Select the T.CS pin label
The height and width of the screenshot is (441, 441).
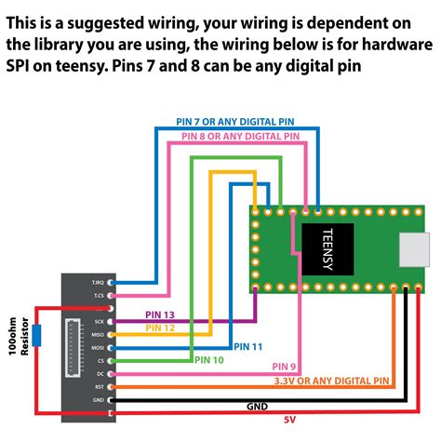(99, 295)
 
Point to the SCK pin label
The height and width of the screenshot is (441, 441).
(100, 321)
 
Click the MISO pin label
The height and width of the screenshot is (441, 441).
(99, 333)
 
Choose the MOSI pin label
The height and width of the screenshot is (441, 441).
(99, 346)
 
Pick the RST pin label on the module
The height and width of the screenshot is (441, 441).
(100, 385)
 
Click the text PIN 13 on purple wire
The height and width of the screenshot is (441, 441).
(160, 315)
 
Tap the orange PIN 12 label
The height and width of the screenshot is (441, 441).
(160, 327)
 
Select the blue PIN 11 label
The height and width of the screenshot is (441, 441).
(248, 346)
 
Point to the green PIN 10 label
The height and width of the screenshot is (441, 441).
(208, 359)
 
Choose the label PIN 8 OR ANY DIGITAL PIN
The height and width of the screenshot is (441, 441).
(241, 136)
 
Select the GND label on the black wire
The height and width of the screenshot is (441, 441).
(258, 407)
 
